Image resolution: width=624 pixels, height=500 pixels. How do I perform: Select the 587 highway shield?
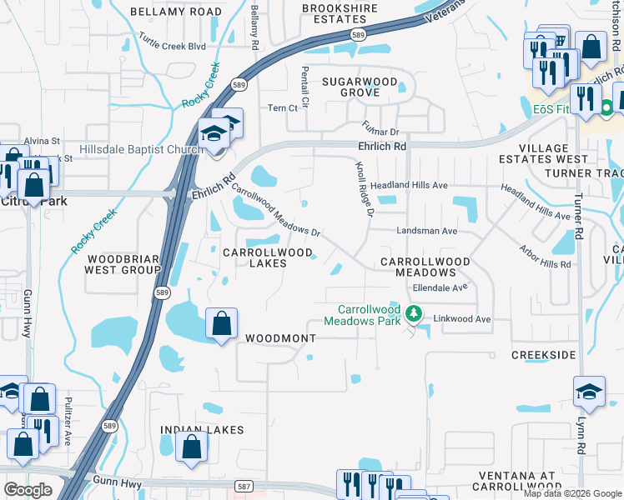pos(244,485)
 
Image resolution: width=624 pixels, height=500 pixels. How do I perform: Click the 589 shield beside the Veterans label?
pos(358,34)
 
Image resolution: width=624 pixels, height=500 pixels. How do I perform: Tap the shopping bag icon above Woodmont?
pos(221,323)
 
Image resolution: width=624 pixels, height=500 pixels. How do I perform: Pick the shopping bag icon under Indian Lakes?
pos(192,447)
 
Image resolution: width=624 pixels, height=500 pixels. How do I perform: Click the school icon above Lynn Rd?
pos(588,392)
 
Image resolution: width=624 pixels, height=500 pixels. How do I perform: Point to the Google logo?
pos(28,489)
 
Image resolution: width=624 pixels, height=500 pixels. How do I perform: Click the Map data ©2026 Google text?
pos(572,493)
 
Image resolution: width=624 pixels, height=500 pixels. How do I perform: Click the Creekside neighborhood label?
pos(543,355)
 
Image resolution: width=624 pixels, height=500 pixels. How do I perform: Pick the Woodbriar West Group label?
pos(123,264)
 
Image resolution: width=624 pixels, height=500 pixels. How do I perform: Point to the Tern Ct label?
pos(282,108)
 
